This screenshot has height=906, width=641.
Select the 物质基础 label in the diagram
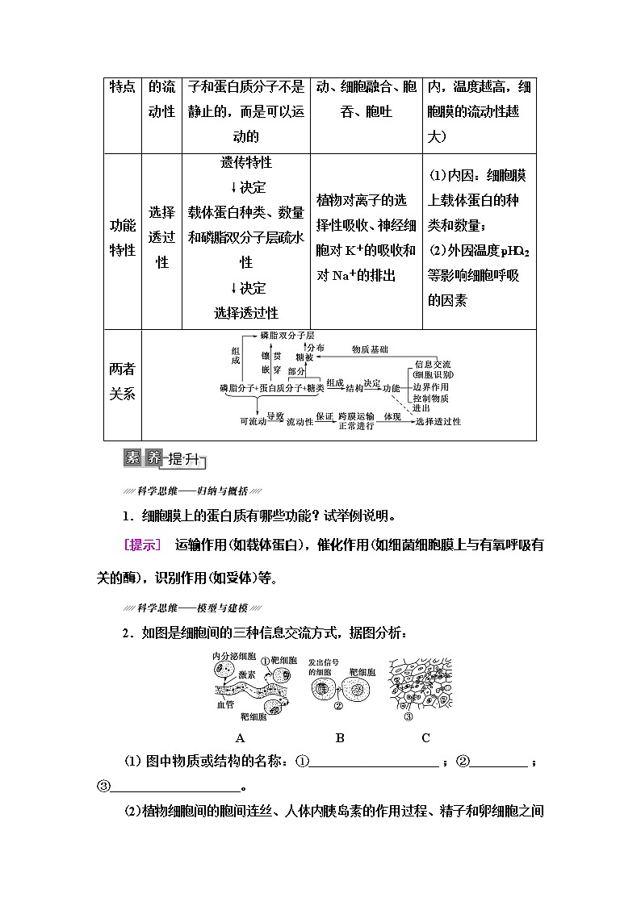[370, 350]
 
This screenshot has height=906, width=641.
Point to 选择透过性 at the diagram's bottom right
[438, 421]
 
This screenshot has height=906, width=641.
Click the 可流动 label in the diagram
[253, 421]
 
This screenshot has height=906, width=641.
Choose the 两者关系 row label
[123, 382]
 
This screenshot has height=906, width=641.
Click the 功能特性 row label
[123, 238]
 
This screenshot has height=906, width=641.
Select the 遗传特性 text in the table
[245, 163]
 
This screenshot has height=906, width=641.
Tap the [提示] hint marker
[142, 545]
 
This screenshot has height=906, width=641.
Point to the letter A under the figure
[240, 737]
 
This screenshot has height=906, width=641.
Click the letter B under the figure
[340, 737]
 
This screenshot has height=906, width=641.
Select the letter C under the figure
[425, 737]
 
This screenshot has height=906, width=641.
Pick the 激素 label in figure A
[247, 672]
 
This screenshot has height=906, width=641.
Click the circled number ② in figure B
[339, 705]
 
